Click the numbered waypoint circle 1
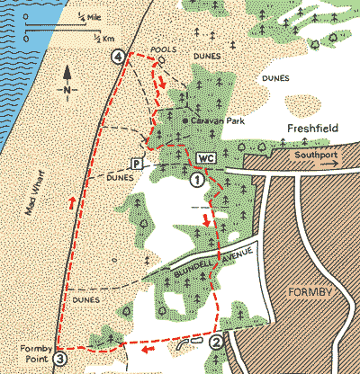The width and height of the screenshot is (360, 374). pos(196,180)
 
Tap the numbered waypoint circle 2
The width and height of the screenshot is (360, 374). pos(216,341)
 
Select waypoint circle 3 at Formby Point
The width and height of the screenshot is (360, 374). pos(59,359)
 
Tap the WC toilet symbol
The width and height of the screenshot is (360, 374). pos(206,158)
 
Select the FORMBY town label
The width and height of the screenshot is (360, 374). pos(312,293)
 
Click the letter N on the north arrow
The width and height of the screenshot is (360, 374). pos(67,91)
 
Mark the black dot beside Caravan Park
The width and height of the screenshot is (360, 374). pos(184,120)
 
